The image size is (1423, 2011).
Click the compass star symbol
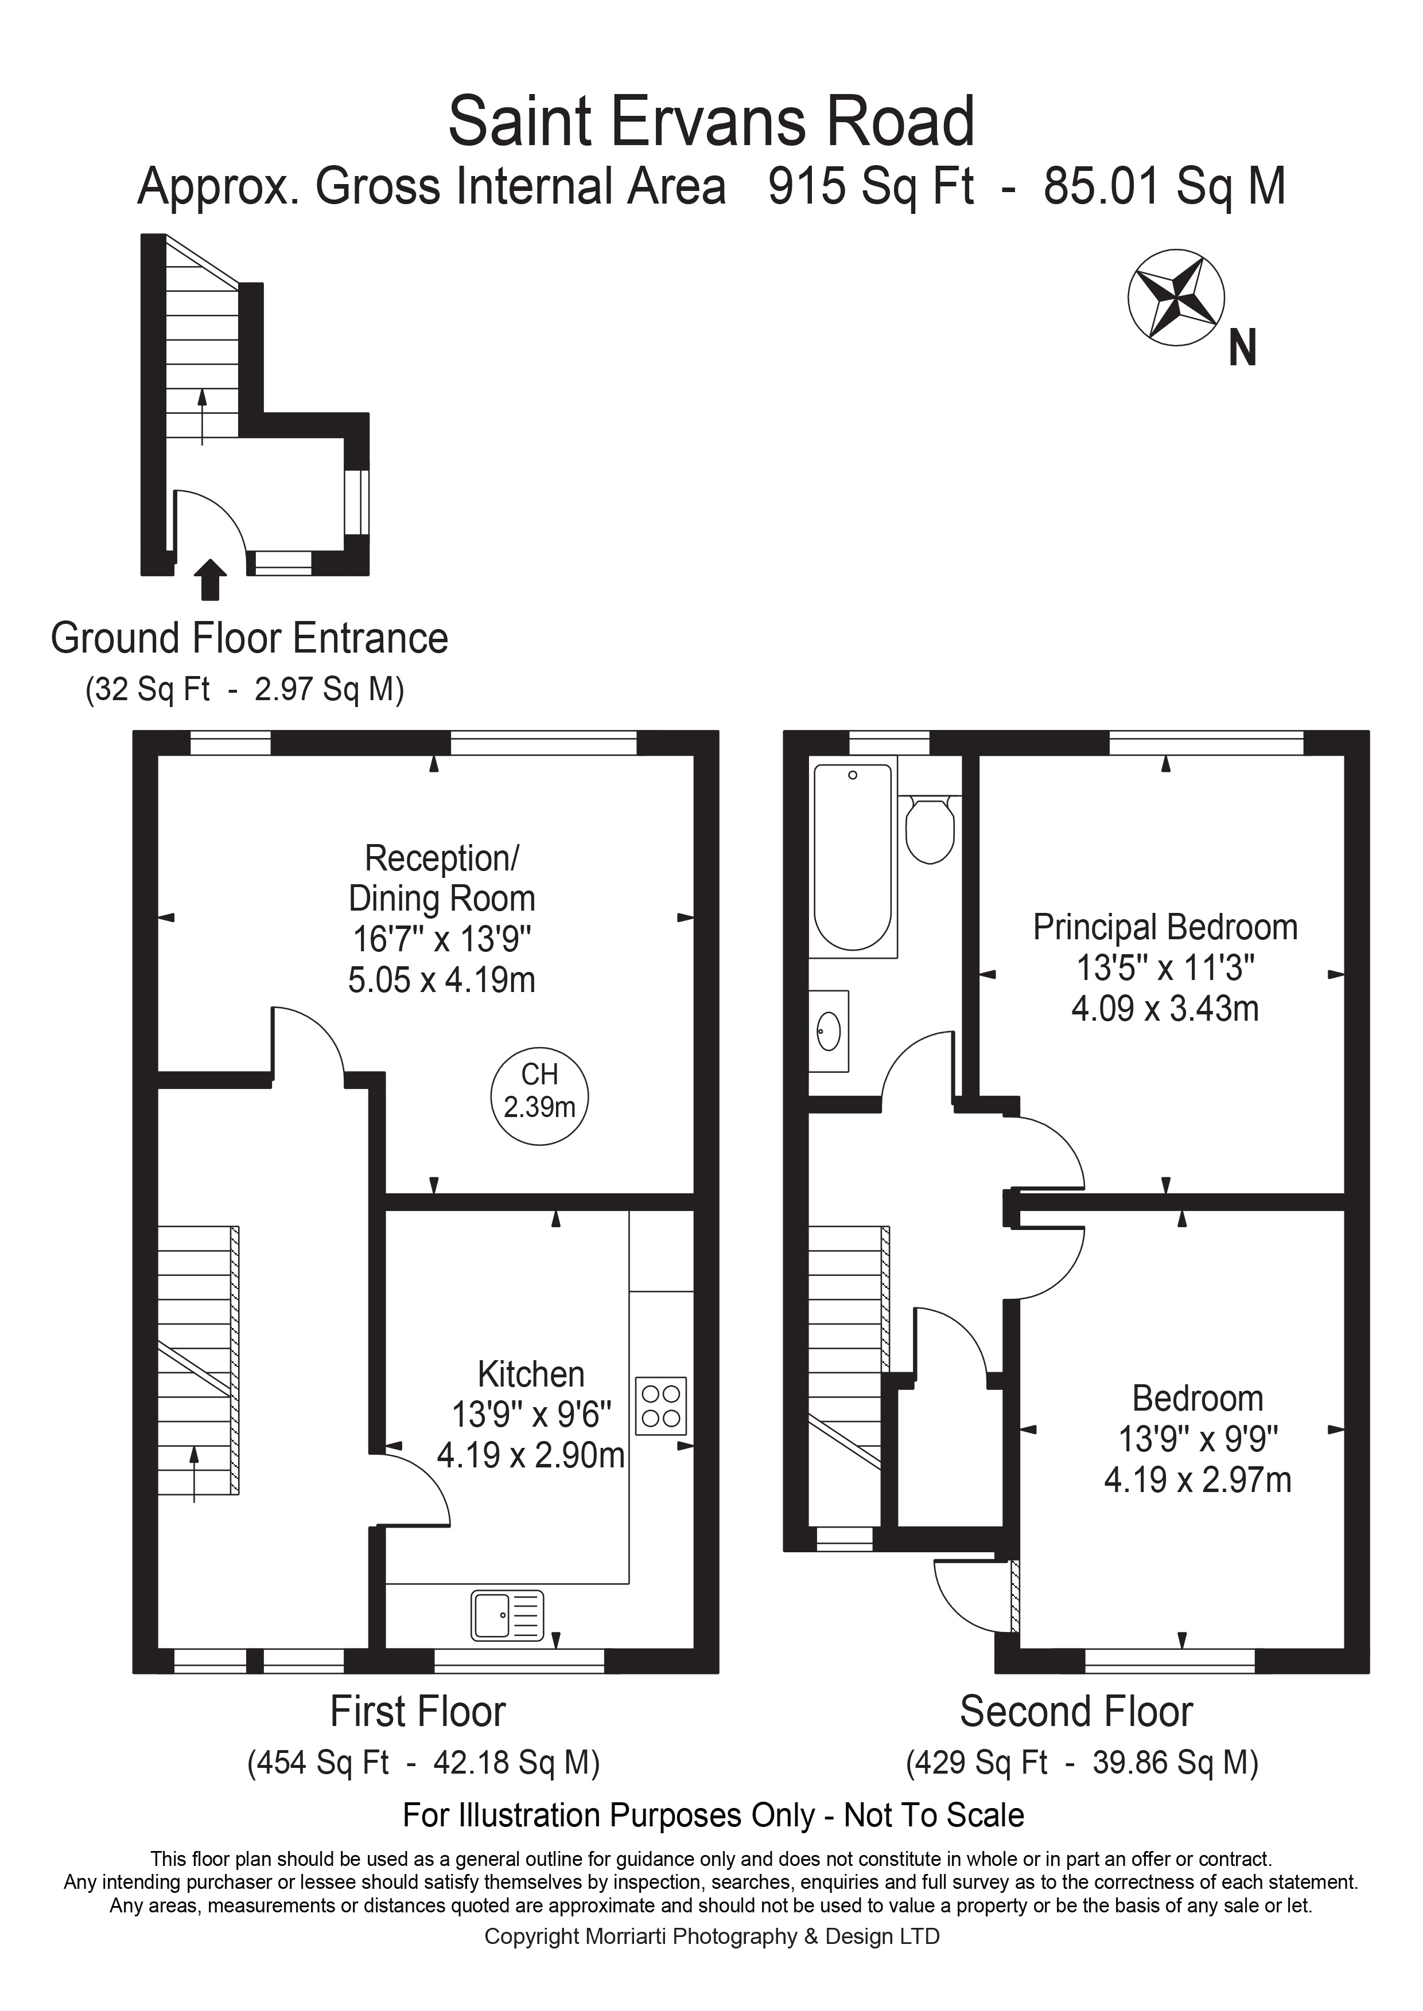[x=1175, y=299]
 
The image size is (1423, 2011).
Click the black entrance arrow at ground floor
[x=211, y=580]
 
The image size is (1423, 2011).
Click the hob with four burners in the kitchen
[x=660, y=1406]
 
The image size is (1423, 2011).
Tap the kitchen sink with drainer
[x=507, y=1615]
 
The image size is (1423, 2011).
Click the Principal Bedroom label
[x=1165, y=928]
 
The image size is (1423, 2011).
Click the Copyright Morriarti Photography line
[x=711, y=1936]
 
